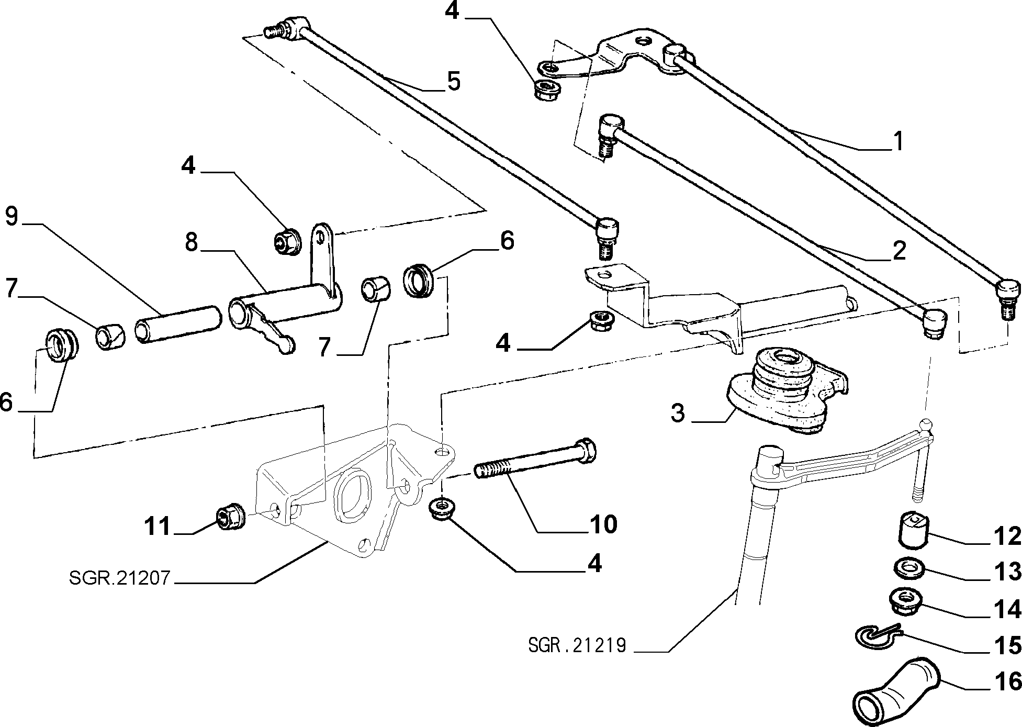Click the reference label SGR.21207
pyautogui.click(x=119, y=578)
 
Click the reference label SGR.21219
pyautogui.click(x=577, y=645)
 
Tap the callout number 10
pyautogui.click(x=603, y=524)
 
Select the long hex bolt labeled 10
pyautogui.click(x=536, y=458)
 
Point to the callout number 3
pyautogui.click(x=678, y=412)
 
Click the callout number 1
pyautogui.click(x=898, y=141)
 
